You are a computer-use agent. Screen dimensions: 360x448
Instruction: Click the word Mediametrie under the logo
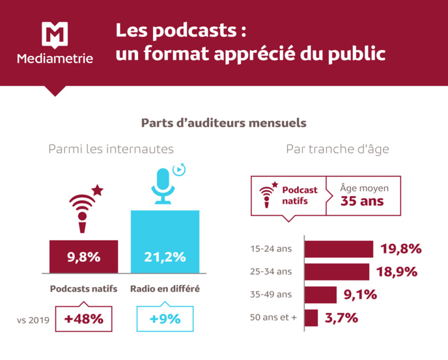[55, 59]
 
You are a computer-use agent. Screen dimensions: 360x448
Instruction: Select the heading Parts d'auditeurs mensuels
[223, 122]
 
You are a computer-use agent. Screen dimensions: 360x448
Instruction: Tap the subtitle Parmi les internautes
[111, 149]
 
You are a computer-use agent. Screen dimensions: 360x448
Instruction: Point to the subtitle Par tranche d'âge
[337, 149]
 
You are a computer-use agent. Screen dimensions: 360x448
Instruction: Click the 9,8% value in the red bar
[84, 256]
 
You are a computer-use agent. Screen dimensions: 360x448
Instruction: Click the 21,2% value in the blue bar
[165, 256]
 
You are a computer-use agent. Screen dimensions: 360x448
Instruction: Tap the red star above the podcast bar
[97, 190]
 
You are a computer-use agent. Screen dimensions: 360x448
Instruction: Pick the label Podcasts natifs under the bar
[84, 289]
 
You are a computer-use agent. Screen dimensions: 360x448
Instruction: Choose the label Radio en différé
[165, 289]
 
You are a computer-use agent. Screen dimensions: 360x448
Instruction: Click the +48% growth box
[84, 319]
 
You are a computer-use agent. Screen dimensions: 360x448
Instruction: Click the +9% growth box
[165, 319]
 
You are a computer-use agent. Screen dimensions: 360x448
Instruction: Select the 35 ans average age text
[362, 201]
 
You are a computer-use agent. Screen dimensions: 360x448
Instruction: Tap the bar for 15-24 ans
[339, 249]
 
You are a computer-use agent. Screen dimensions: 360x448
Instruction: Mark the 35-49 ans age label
[272, 295]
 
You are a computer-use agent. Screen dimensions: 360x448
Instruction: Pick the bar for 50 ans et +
[311, 318]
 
